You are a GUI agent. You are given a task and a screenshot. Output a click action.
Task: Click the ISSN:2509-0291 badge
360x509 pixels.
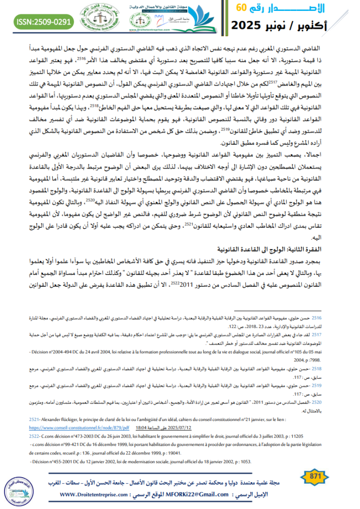point(44,22)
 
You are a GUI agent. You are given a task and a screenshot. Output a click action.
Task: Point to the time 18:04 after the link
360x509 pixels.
point(142,427)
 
